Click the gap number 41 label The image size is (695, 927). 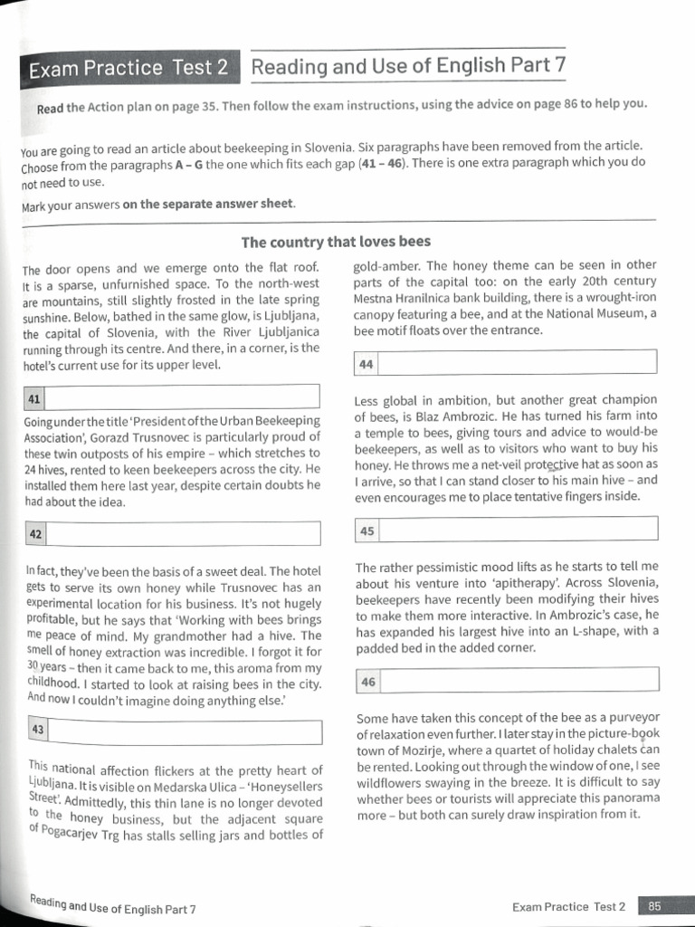33,397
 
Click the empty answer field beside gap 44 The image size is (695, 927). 517,363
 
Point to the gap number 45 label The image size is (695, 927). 367,530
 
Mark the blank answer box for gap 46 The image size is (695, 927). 517,682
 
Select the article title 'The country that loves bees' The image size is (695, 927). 335,242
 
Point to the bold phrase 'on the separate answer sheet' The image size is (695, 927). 208,203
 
